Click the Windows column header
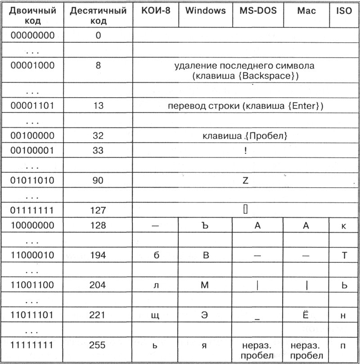[x=205, y=10]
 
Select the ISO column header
[x=344, y=10]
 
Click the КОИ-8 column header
[x=156, y=10]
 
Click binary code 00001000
[x=32, y=65]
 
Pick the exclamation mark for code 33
[x=245, y=151]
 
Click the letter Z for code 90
[x=245, y=181]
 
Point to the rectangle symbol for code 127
[x=246, y=209]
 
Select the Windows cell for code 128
[x=205, y=225]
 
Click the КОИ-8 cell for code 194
[x=156, y=255]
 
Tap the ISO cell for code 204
[x=344, y=285]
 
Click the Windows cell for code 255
[x=205, y=346]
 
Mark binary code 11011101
[x=32, y=315]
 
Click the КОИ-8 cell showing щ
[x=156, y=315]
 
